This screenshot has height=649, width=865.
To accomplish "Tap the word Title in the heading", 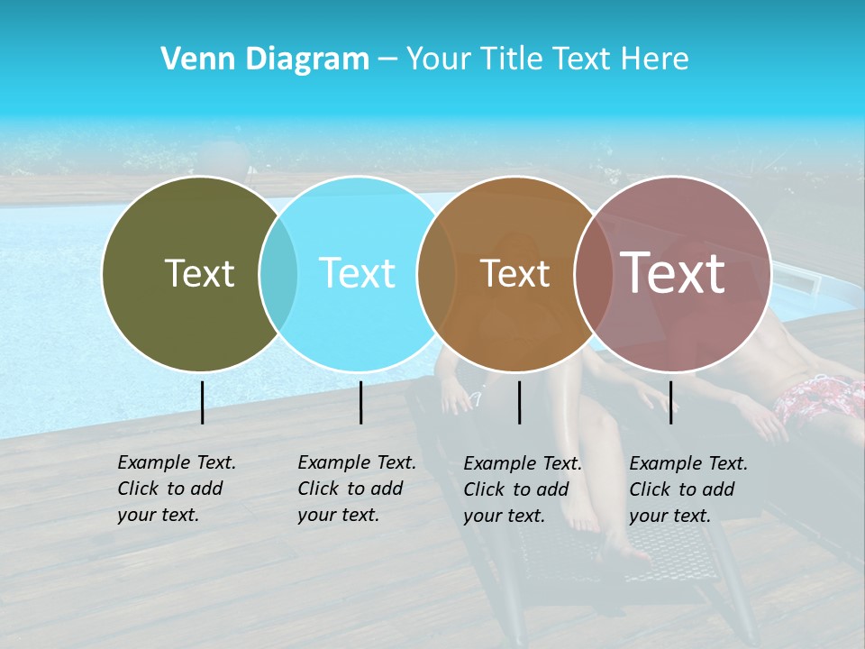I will pos(511,59).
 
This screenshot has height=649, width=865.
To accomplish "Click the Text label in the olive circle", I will pos(199,273).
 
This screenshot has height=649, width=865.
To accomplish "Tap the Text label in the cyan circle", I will pos(357,273).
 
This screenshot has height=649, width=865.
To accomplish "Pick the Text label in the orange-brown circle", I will pos(514,273).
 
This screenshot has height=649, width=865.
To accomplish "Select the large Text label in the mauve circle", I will pos(672,272).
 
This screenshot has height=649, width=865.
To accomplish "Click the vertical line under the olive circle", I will pos(202,402).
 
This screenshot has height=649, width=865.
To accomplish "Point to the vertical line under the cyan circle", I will pos(360,402).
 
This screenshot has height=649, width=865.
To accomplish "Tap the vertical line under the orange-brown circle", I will pos(520,402).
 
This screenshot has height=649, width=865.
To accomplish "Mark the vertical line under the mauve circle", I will pos(671,402).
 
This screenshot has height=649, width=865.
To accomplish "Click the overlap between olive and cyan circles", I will pos(278,273).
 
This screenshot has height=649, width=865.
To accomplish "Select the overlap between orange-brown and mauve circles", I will pos(594,273).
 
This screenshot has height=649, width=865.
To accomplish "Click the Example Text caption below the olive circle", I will pos(177,489).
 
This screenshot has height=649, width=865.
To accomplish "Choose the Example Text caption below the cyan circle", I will pos(357,489).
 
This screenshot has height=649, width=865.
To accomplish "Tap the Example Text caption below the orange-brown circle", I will pos(523,489).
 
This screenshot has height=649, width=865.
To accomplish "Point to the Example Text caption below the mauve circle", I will pos(688,489).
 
